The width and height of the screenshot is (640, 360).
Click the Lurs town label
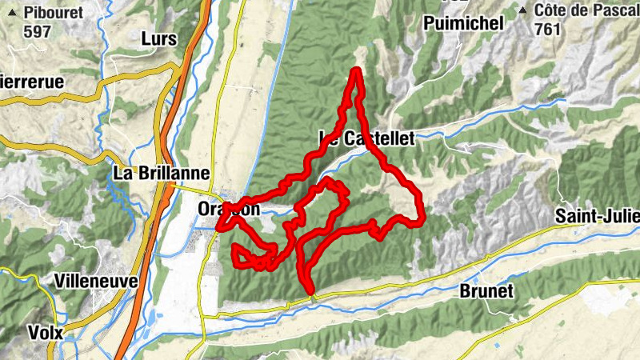coord(158,38)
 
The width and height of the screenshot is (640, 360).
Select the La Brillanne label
coord(162,173)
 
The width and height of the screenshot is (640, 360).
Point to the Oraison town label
coord(229,209)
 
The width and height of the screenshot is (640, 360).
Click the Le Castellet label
coord(367,138)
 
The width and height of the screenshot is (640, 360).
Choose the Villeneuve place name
coord(96,282)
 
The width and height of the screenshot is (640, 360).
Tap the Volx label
coord(45,331)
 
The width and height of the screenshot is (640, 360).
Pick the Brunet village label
coord(486,291)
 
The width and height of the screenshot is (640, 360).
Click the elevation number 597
coord(37,32)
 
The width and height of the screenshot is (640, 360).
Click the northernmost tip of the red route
coord(355,70)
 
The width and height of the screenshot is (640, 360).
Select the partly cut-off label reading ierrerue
coord(31,81)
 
